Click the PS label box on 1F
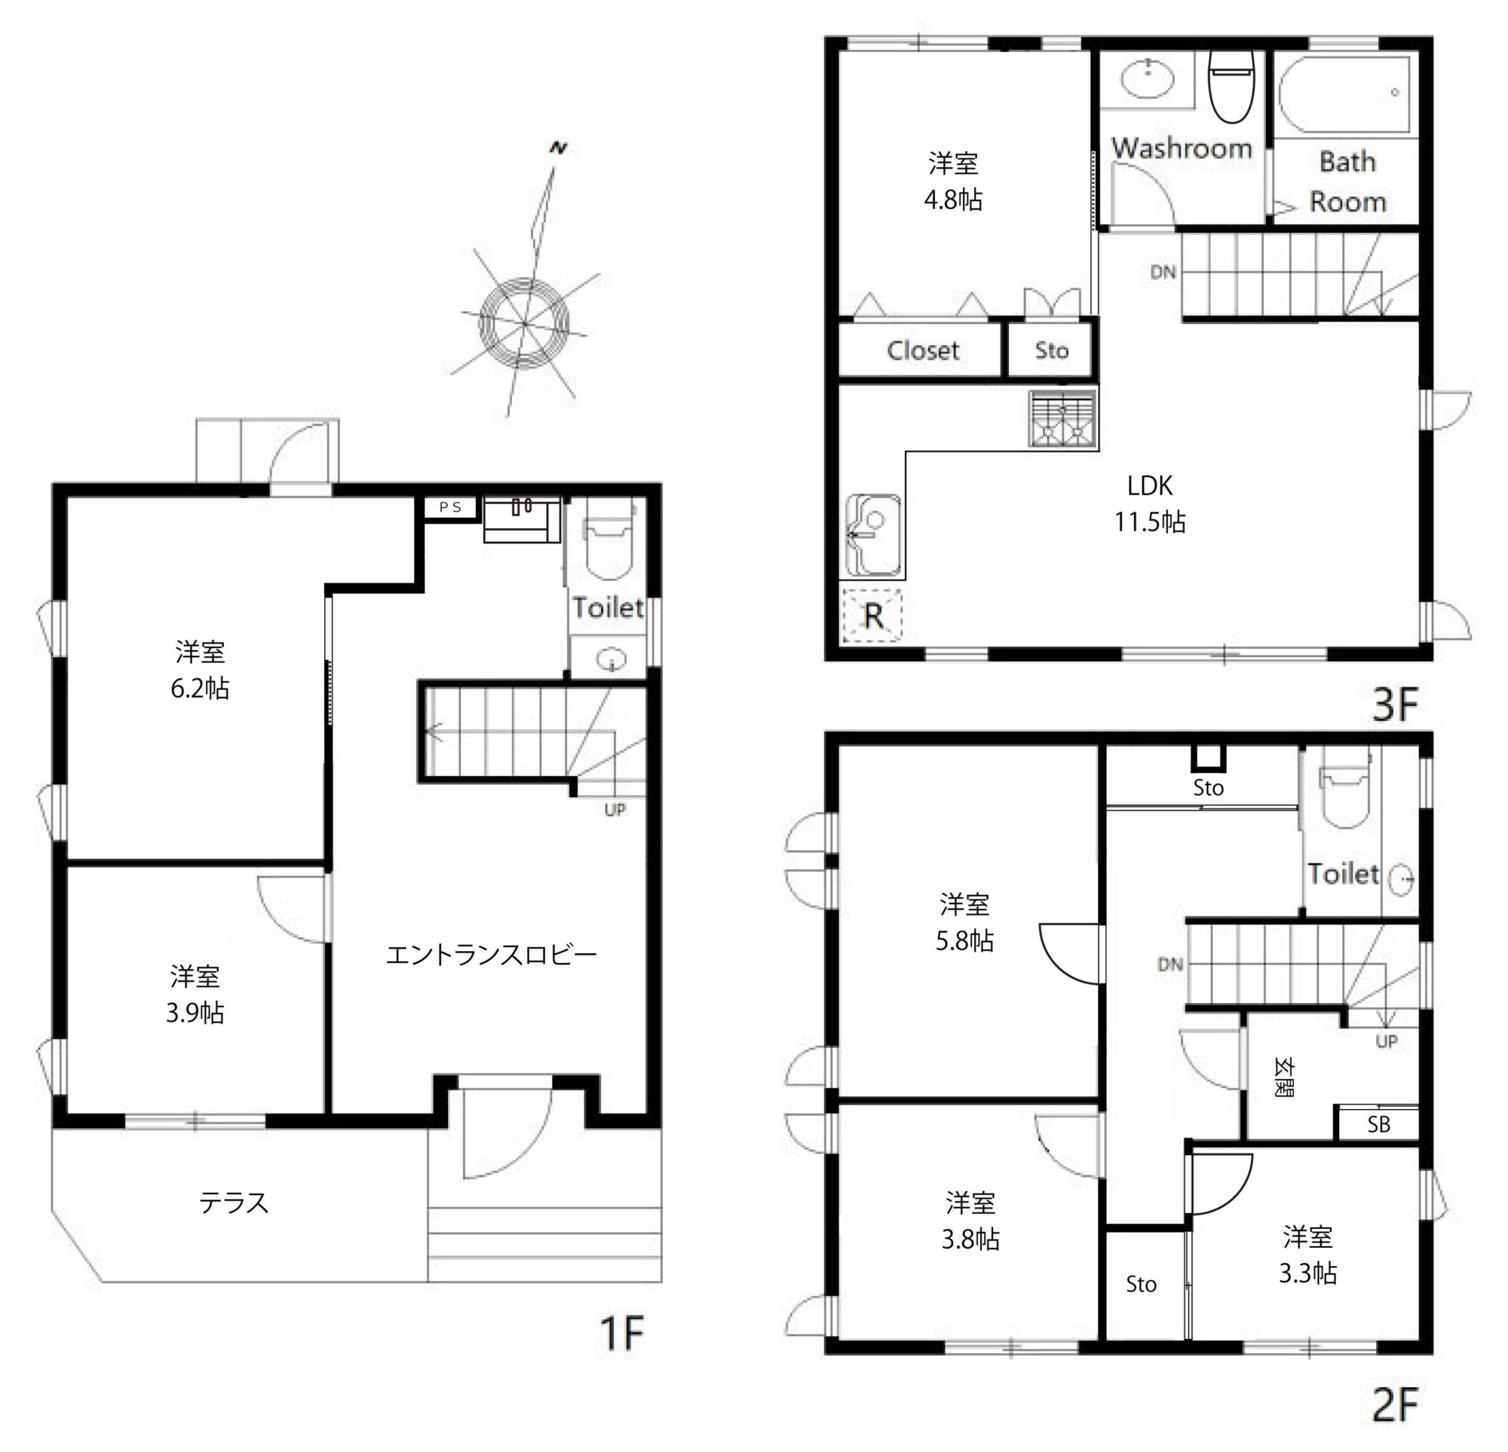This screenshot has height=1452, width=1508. point(451,507)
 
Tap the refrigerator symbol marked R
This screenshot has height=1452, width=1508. point(872,615)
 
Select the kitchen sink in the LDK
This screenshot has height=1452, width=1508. point(873,535)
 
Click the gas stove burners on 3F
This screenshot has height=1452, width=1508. point(1062,418)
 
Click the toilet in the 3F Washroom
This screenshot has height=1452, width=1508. point(1231,86)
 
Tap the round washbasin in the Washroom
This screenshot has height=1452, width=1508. point(1147,78)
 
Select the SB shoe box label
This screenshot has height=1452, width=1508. point(1379,1124)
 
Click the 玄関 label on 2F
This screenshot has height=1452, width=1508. point(1283,1077)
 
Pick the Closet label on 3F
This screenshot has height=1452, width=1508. point(922,350)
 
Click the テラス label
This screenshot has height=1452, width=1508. point(234,1202)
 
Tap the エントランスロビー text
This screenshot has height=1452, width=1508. point(491,955)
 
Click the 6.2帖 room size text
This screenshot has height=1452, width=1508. point(200,687)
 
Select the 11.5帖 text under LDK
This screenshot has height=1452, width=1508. point(1151,521)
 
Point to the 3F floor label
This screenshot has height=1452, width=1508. point(1395,704)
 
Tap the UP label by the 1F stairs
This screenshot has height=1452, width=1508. point(615,810)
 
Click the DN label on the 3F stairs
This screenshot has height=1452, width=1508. point(1163,271)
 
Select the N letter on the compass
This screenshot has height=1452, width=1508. point(559,147)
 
